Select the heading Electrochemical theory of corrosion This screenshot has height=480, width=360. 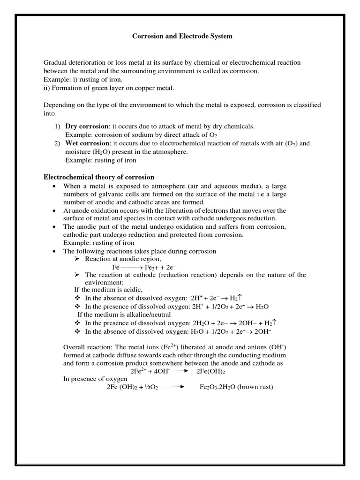pyautogui.click(x=99, y=177)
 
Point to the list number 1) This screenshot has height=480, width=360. pyautogui.click(x=57, y=127)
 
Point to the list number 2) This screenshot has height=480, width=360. pyautogui.click(x=57, y=143)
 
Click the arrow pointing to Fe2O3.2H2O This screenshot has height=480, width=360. pyautogui.click(x=174, y=387)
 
